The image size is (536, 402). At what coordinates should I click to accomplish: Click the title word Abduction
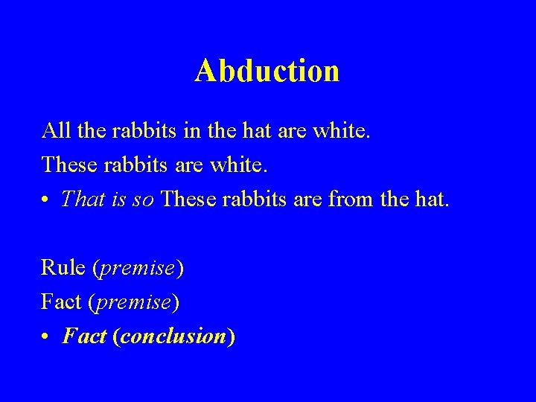point(267,71)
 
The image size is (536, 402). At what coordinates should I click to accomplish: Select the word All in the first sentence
point(54,131)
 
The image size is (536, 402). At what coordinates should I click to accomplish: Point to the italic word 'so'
point(144,200)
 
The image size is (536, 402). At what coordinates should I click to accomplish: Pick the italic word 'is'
point(119,200)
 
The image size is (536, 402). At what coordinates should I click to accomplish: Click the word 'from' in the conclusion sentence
point(368,200)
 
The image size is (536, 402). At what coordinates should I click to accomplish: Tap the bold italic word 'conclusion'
point(173,336)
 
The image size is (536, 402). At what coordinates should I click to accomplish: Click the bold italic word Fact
point(84,336)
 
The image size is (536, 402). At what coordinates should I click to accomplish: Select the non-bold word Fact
point(62,302)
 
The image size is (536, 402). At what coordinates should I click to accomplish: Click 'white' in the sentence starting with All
point(341,131)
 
